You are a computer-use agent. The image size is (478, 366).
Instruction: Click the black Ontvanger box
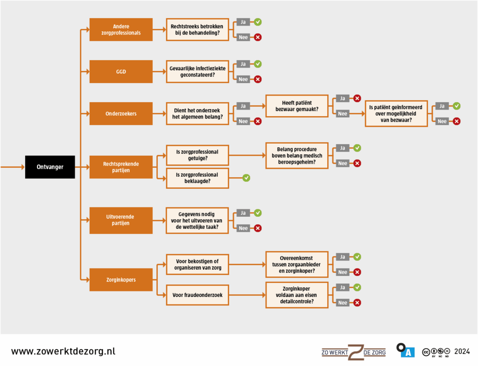50,166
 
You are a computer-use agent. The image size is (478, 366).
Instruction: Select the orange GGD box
121,72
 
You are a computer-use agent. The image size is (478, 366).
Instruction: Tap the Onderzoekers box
121,113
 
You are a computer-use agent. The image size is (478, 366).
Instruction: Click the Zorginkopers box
121,280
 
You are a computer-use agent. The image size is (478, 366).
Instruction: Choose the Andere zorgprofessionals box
121,29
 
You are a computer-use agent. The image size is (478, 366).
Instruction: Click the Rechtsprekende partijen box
121,167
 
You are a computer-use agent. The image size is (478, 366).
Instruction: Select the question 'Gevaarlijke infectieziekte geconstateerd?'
197,72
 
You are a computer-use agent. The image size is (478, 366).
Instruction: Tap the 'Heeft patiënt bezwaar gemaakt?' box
297,106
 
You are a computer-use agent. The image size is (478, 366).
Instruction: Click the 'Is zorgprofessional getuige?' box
197,155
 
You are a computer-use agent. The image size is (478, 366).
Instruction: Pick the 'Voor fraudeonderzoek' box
197,295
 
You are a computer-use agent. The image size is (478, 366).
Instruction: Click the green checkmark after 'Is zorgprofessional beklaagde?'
246,178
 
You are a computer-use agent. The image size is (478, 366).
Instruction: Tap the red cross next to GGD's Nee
258,79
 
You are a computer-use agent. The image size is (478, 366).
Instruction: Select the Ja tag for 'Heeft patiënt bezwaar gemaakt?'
343,98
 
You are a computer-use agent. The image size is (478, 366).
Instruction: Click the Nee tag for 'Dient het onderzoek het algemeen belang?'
243,121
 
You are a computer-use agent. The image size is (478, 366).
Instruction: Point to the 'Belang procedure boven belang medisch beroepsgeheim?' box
297,155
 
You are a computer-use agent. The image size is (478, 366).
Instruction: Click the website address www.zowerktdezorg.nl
63,351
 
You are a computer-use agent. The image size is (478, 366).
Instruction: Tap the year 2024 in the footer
461,352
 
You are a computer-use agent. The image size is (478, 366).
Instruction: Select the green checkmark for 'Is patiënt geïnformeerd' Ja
457,106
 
